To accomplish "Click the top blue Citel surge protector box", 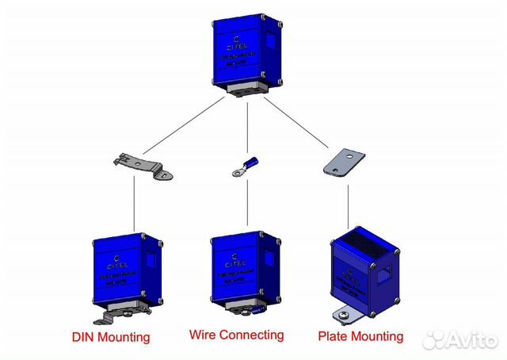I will tap(247, 52).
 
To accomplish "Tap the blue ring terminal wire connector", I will tap(242, 167).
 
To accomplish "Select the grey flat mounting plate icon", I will tap(340, 162).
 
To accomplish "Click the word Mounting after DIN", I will tap(124, 338).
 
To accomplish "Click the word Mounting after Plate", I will tap(376, 337).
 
